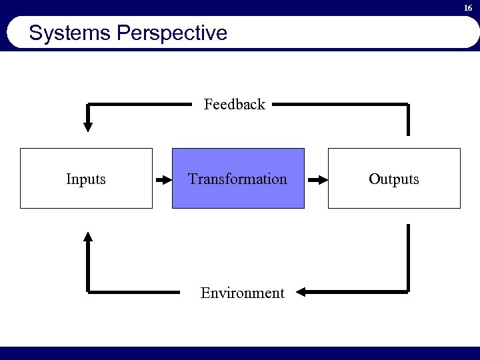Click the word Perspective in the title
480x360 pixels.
click(171, 33)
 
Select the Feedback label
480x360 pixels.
click(234, 104)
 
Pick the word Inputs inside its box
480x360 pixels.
click(86, 179)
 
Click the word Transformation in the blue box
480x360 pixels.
click(237, 179)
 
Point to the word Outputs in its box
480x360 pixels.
click(395, 179)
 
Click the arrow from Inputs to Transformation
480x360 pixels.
click(163, 179)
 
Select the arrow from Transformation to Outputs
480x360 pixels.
click(319, 179)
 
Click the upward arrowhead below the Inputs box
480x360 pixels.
click(88, 235)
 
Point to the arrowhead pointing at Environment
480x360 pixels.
click(301, 292)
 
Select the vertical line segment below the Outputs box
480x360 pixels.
click(408, 257)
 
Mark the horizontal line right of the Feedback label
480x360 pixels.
click(340, 104)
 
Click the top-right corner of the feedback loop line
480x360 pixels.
click(408, 105)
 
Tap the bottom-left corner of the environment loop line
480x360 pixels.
click(88, 291)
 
